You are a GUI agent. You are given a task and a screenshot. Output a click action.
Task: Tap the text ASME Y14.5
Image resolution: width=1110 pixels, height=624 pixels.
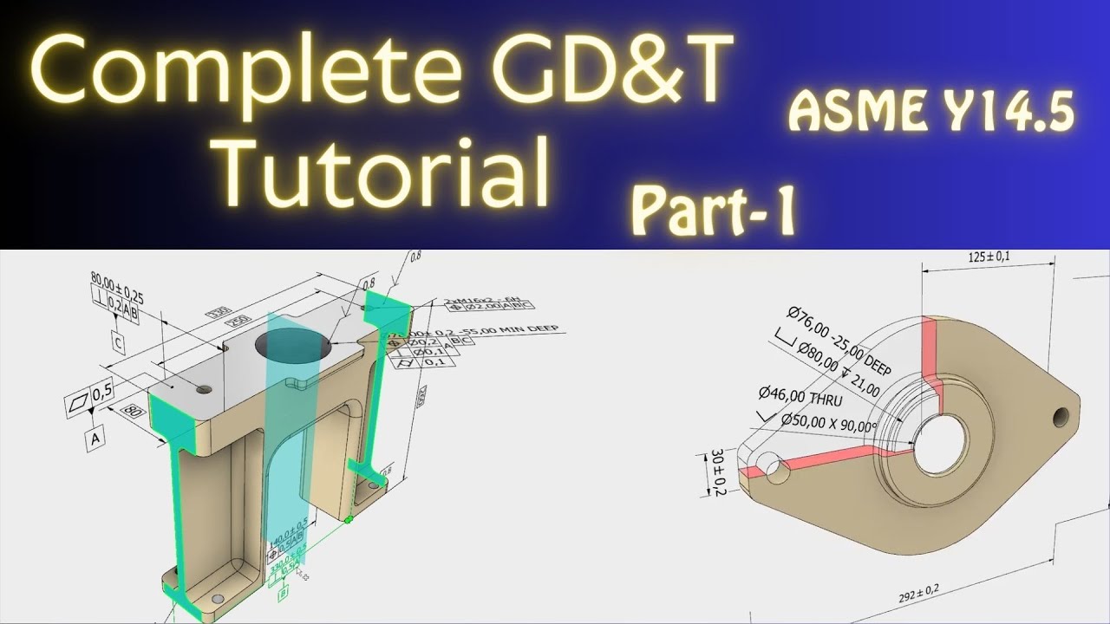[931, 113]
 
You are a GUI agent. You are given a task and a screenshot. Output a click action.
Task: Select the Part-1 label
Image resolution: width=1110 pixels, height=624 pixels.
[714, 211]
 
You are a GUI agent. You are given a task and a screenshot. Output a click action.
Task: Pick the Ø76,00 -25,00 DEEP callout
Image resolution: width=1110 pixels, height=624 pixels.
[838, 337]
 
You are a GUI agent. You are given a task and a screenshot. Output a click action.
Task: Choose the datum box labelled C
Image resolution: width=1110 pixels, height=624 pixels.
[119, 344]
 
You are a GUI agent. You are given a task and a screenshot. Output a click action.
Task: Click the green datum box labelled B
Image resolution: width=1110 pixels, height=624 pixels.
[283, 595]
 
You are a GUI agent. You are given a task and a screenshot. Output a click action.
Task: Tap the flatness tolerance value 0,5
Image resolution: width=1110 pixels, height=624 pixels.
[101, 392]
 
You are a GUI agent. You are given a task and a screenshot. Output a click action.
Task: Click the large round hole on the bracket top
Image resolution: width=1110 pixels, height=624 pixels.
[293, 348]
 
